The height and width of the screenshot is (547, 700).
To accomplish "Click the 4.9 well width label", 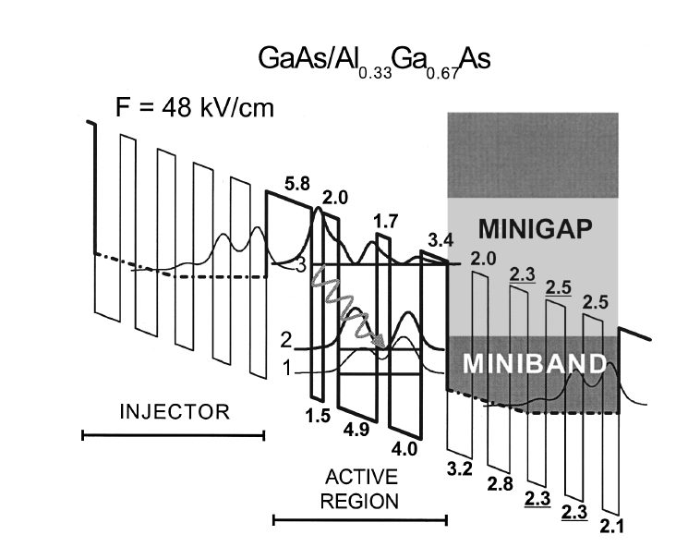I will click(x=353, y=430).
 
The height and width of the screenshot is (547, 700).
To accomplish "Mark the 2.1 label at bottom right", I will click(x=610, y=527).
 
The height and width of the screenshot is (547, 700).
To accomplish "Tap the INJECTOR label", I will click(x=174, y=411).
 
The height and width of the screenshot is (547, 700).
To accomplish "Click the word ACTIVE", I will click(x=360, y=478).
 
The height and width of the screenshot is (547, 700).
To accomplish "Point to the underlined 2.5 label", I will click(x=558, y=286).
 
